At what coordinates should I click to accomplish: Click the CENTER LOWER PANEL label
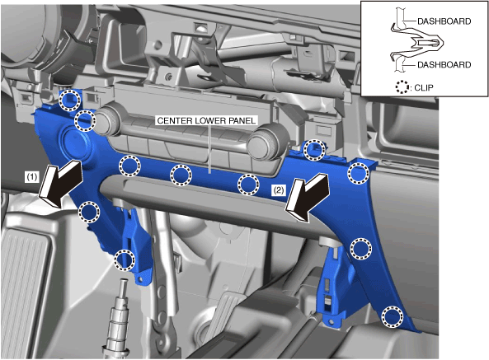click(206, 121)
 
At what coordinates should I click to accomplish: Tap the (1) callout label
click(32, 177)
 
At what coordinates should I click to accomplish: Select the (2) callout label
click(278, 189)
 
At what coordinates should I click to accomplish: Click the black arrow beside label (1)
click(61, 183)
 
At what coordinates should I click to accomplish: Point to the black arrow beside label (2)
click(308, 197)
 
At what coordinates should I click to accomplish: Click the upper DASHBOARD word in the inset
click(444, 21)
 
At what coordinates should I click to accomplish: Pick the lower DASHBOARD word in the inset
click(444, 65)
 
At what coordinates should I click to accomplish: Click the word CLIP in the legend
click(424, 87)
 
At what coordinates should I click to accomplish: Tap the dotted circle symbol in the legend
click(402, 86)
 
